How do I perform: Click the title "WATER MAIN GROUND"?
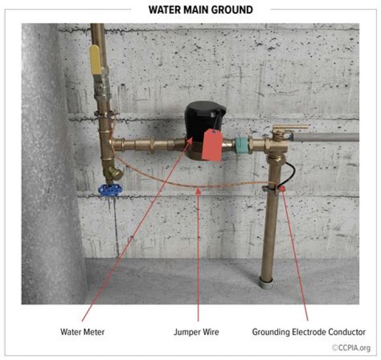(x=201, y=10)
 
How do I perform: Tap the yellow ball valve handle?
(x=95, y=60)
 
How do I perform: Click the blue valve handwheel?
(x=110, y=190)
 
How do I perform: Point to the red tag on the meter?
(x=212, y=145)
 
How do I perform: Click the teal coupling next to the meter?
(x=242, y=145)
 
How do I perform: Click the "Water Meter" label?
(x=83, y=332)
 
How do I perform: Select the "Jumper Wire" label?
(x=196, y=332)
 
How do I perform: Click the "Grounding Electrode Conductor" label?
(x=309, y=332)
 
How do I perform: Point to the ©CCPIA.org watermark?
(x=351, y=348)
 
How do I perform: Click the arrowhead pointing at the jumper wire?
(x=198, y=192)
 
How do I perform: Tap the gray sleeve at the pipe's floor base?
(x=266, y=283)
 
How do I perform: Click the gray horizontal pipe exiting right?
(x=325, y=137)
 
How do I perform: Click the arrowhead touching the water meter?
(x=189, y=141)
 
